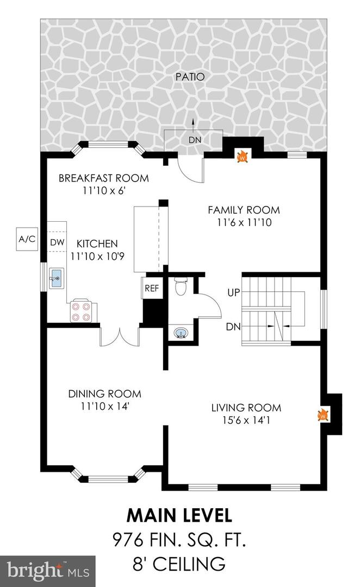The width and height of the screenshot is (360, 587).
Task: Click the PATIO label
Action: pyautogui.click(x=190, y=77)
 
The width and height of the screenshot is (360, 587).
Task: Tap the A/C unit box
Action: pyautogui.click(x=27, y=239)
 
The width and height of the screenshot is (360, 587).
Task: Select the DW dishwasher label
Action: pyautogui.click(x=57, y=242)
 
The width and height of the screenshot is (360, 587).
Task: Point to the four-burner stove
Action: pyautogui.click(x=81, y=311)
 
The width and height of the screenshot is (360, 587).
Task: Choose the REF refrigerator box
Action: pyautogui.click(x=152, y=288)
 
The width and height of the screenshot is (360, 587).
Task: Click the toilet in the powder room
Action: pyautogui.click(x=181, y=286)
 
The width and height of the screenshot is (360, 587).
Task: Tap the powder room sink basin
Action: pyautogui.click(x=181, y=333)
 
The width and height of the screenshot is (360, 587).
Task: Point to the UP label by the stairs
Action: pyautogui.click(x=233, y=292)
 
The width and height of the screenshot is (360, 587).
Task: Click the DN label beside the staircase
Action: pyautogui.click(x=233, y=327)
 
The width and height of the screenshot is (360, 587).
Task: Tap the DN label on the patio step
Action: pyautogui.click(x=195, y=140)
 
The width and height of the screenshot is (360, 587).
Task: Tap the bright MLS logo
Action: pyautogui.click(x=48, y=571)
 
